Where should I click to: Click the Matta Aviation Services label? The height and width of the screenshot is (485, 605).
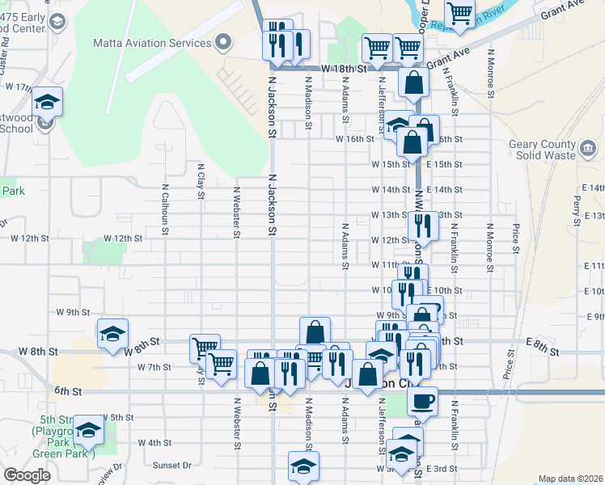click(163, 42)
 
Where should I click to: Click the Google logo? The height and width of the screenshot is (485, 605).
click(27, 475)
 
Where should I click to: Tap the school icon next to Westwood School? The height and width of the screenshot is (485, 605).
click(46, 103)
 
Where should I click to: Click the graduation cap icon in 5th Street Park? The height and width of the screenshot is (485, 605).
click(89, 428)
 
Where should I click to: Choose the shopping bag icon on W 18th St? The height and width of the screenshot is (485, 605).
click(413, 82)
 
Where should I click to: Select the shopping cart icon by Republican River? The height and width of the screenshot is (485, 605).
click(459, 13)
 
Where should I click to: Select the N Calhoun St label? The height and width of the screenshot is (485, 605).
click(165, 207)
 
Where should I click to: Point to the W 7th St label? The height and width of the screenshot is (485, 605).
click(154, 367)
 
